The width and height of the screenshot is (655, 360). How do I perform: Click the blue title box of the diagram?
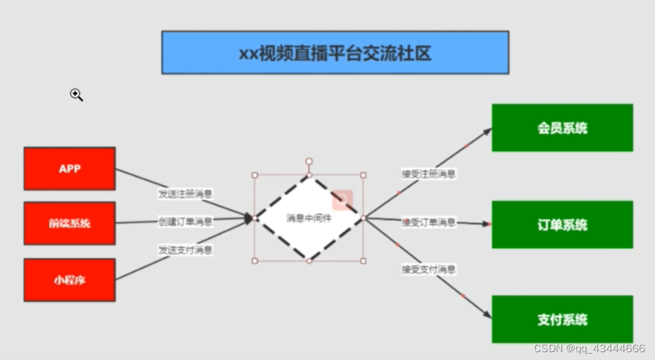335,52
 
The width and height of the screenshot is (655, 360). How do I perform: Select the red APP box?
69,169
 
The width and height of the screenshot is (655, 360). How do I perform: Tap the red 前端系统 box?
69,223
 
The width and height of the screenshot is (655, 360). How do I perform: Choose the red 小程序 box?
69,280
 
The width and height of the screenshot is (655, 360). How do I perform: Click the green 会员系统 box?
562,127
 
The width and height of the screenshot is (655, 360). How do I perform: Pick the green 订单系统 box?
562,225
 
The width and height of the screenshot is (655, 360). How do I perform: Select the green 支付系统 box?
562,319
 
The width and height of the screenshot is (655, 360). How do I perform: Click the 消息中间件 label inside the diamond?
309,218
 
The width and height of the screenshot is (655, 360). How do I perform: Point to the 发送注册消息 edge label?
185,194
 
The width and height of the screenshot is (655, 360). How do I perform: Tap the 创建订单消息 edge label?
185,221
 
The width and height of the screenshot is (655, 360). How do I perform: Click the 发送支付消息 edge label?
185,250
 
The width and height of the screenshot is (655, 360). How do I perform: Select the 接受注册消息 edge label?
429,174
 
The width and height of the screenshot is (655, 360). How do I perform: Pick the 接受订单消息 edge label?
429,222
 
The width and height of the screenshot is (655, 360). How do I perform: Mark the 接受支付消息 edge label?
429,269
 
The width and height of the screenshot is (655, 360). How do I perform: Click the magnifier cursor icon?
76,95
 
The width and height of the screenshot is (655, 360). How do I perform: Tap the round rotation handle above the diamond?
309,161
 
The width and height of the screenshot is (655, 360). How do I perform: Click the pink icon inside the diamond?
342,200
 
